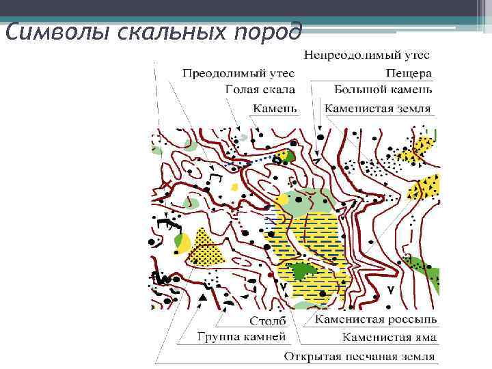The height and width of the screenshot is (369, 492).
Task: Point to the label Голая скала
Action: point(260,90)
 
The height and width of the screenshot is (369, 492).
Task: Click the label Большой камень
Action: point(383,90)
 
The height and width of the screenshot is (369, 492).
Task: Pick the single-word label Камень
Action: point(275,108)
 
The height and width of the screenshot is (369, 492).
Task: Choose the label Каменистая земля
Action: point(378,108)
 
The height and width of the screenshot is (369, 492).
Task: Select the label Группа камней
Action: point(242,337)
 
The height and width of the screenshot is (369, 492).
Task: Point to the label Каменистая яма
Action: point(389,338)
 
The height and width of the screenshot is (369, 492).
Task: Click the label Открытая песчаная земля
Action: point(359,356)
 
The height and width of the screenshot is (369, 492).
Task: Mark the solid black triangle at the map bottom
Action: point(203,298)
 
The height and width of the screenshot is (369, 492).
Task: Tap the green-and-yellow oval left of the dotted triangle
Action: point(182,241)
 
